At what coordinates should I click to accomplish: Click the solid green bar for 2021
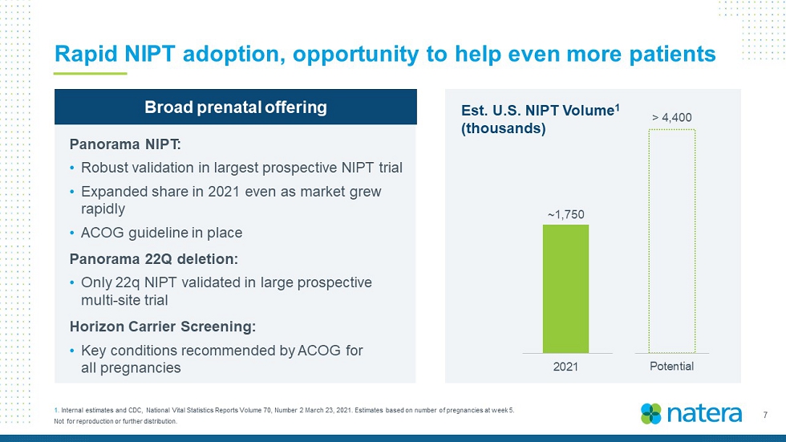tap(565, 289)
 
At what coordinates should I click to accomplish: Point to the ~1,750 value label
tap(566, 214)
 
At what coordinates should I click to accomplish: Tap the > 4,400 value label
tap(672, 117)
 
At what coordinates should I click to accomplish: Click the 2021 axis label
tap(565, 367)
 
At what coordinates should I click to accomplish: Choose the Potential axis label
tap(672, 367)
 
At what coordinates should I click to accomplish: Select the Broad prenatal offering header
tap(236, 107)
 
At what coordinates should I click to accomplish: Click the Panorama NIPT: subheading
tap(125, 144)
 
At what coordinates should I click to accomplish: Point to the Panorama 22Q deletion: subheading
tap(154, 259)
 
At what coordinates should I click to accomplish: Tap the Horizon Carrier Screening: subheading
tap(163, 326)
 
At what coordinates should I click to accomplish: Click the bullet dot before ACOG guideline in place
tap(73, 233)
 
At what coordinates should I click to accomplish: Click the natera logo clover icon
tap(651, 414)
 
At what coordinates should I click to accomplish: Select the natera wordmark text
tap(704, 414)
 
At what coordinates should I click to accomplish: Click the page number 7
tap(765, 415)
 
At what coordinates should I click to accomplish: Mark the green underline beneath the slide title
tap(90, 74)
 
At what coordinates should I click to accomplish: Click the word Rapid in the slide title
tap(86, 54)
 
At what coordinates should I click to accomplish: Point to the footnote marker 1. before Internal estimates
tap(56, 411)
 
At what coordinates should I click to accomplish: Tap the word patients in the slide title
tap(673, 54)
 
